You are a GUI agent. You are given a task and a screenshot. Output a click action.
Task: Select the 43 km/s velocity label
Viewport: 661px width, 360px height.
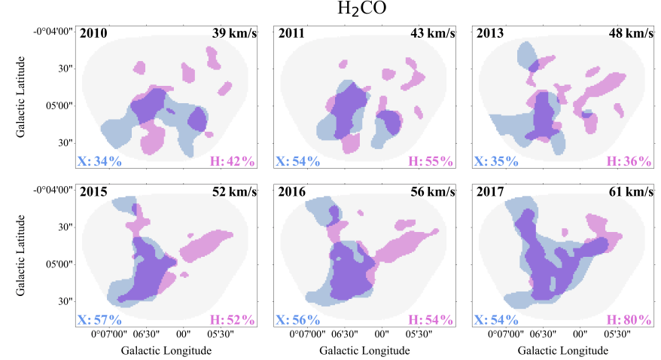pyautogui.click(x=431, y=33)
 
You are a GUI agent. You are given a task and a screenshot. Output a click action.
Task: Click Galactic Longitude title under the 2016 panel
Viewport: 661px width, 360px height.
pyautogui.click(x=364, y=350)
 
